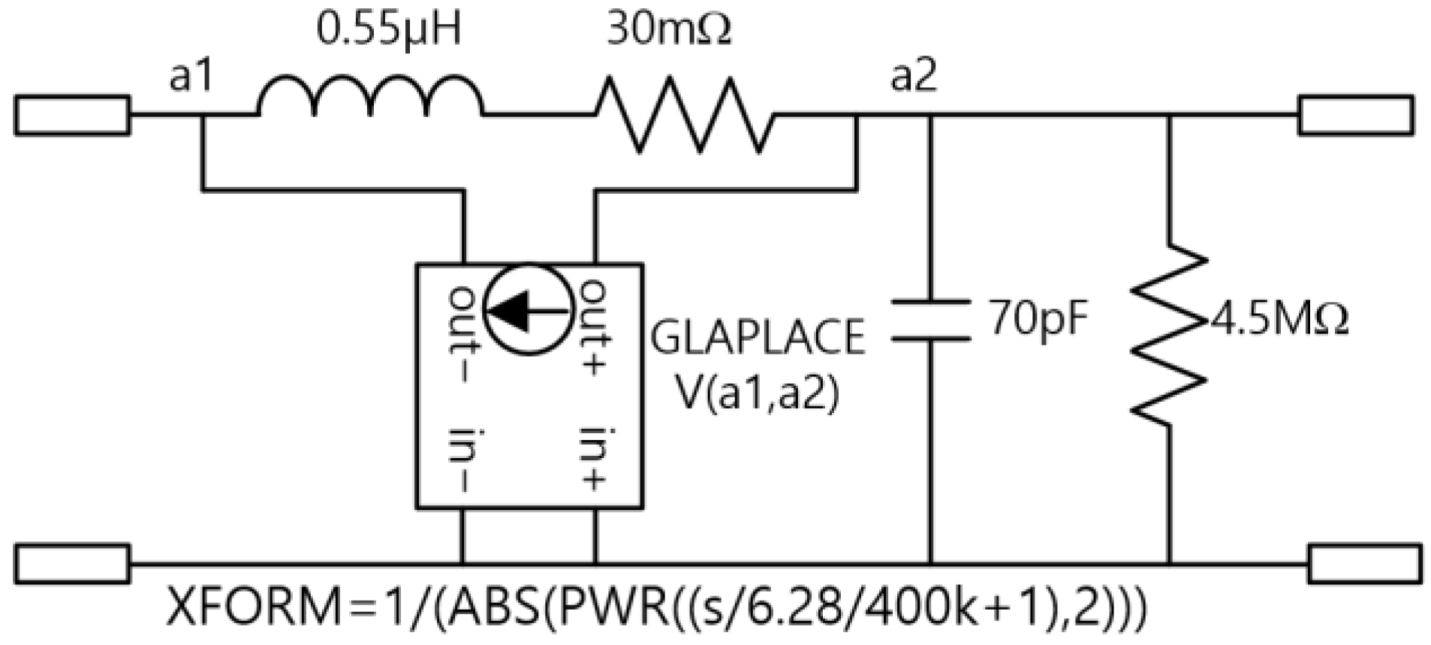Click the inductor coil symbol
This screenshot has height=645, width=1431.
(x=370, y=96)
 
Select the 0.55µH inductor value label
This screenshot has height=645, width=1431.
(x=388, y=30)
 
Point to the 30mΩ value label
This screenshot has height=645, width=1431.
(x=668, y=30)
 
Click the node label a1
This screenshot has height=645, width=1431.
(x=191, y=76)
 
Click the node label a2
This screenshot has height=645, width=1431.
(x=913, y=76)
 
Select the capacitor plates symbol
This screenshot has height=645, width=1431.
(x=930, y=321)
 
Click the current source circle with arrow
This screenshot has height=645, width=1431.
(x=529, y=309)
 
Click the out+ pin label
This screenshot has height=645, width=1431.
(x=595, y=327)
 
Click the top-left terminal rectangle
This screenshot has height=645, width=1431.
(x=72, y=115)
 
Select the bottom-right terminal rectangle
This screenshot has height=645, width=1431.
(x=1364, y=563)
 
